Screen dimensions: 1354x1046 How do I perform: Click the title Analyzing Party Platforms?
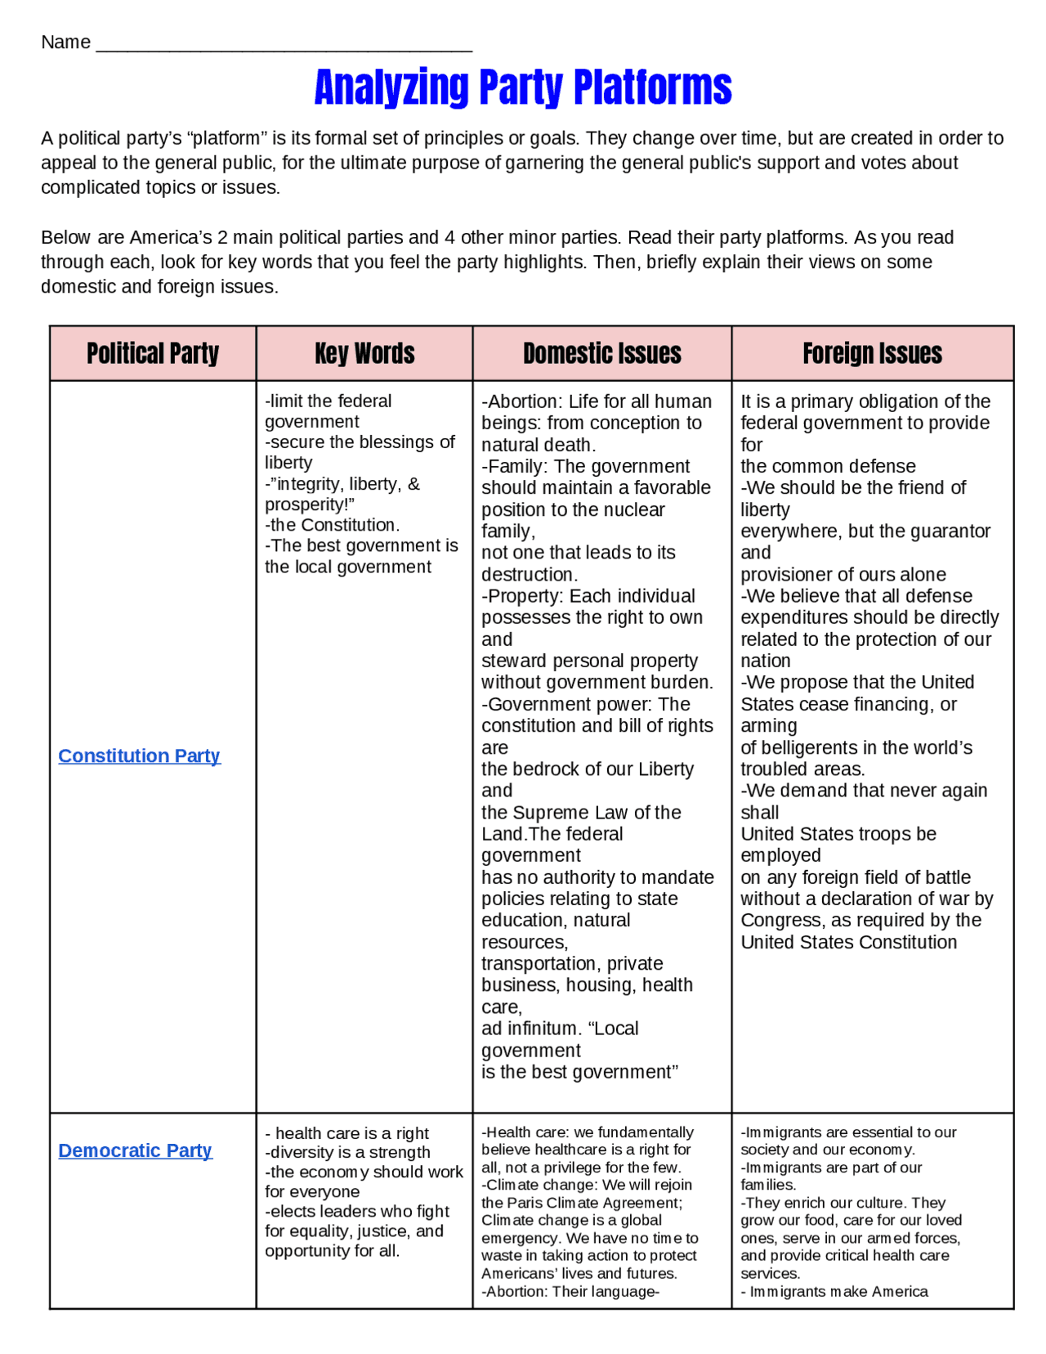(523, 87)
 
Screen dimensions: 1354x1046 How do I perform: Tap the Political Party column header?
(153, 353)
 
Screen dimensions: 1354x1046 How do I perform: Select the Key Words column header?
(364, 353)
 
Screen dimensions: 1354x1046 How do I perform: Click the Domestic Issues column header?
(602, 353)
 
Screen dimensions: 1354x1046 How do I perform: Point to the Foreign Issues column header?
(872, 353)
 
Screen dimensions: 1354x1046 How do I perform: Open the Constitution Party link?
(139, 755)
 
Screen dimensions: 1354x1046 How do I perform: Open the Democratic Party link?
(135, 1150)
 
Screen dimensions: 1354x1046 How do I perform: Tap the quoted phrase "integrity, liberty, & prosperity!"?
(343, 494)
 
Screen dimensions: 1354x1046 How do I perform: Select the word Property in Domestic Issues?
(523, 596)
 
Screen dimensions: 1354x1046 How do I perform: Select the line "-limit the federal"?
(329, 401)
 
